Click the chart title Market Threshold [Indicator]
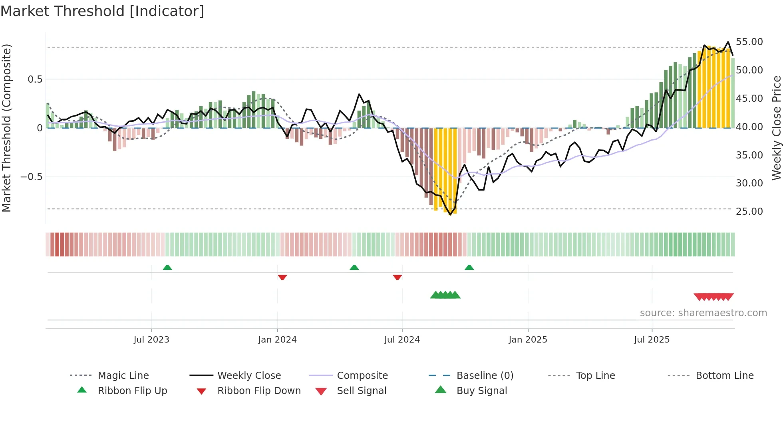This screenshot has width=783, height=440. (102, 11)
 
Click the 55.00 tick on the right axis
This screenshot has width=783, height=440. (749, 42)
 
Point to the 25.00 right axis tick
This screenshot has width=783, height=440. (749, 211)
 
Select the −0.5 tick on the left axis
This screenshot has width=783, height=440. (31, 177)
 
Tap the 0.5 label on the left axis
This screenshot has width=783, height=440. (35, 79)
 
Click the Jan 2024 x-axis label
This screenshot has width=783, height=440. (277, 340)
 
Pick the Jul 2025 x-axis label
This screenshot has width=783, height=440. (652, 340)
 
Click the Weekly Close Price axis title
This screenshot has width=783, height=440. (776, 128)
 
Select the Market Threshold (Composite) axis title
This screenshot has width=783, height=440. (6, 128)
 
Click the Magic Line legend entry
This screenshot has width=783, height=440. (123, 376)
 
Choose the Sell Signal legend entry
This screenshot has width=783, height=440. (362, 391)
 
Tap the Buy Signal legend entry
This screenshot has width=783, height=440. (481, 391)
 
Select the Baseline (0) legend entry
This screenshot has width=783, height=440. (485, 376)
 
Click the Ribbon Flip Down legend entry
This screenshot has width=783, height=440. (259, 391)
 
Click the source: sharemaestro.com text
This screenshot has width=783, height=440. (703, 313)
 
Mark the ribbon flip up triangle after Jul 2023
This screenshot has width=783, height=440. (167, 268)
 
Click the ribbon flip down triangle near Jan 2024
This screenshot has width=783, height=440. (282, 277)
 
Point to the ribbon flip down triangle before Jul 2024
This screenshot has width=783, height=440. (397, 277)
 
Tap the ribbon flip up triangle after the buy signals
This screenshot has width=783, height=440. (469, 268)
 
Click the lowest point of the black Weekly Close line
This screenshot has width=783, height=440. (450, 215)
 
